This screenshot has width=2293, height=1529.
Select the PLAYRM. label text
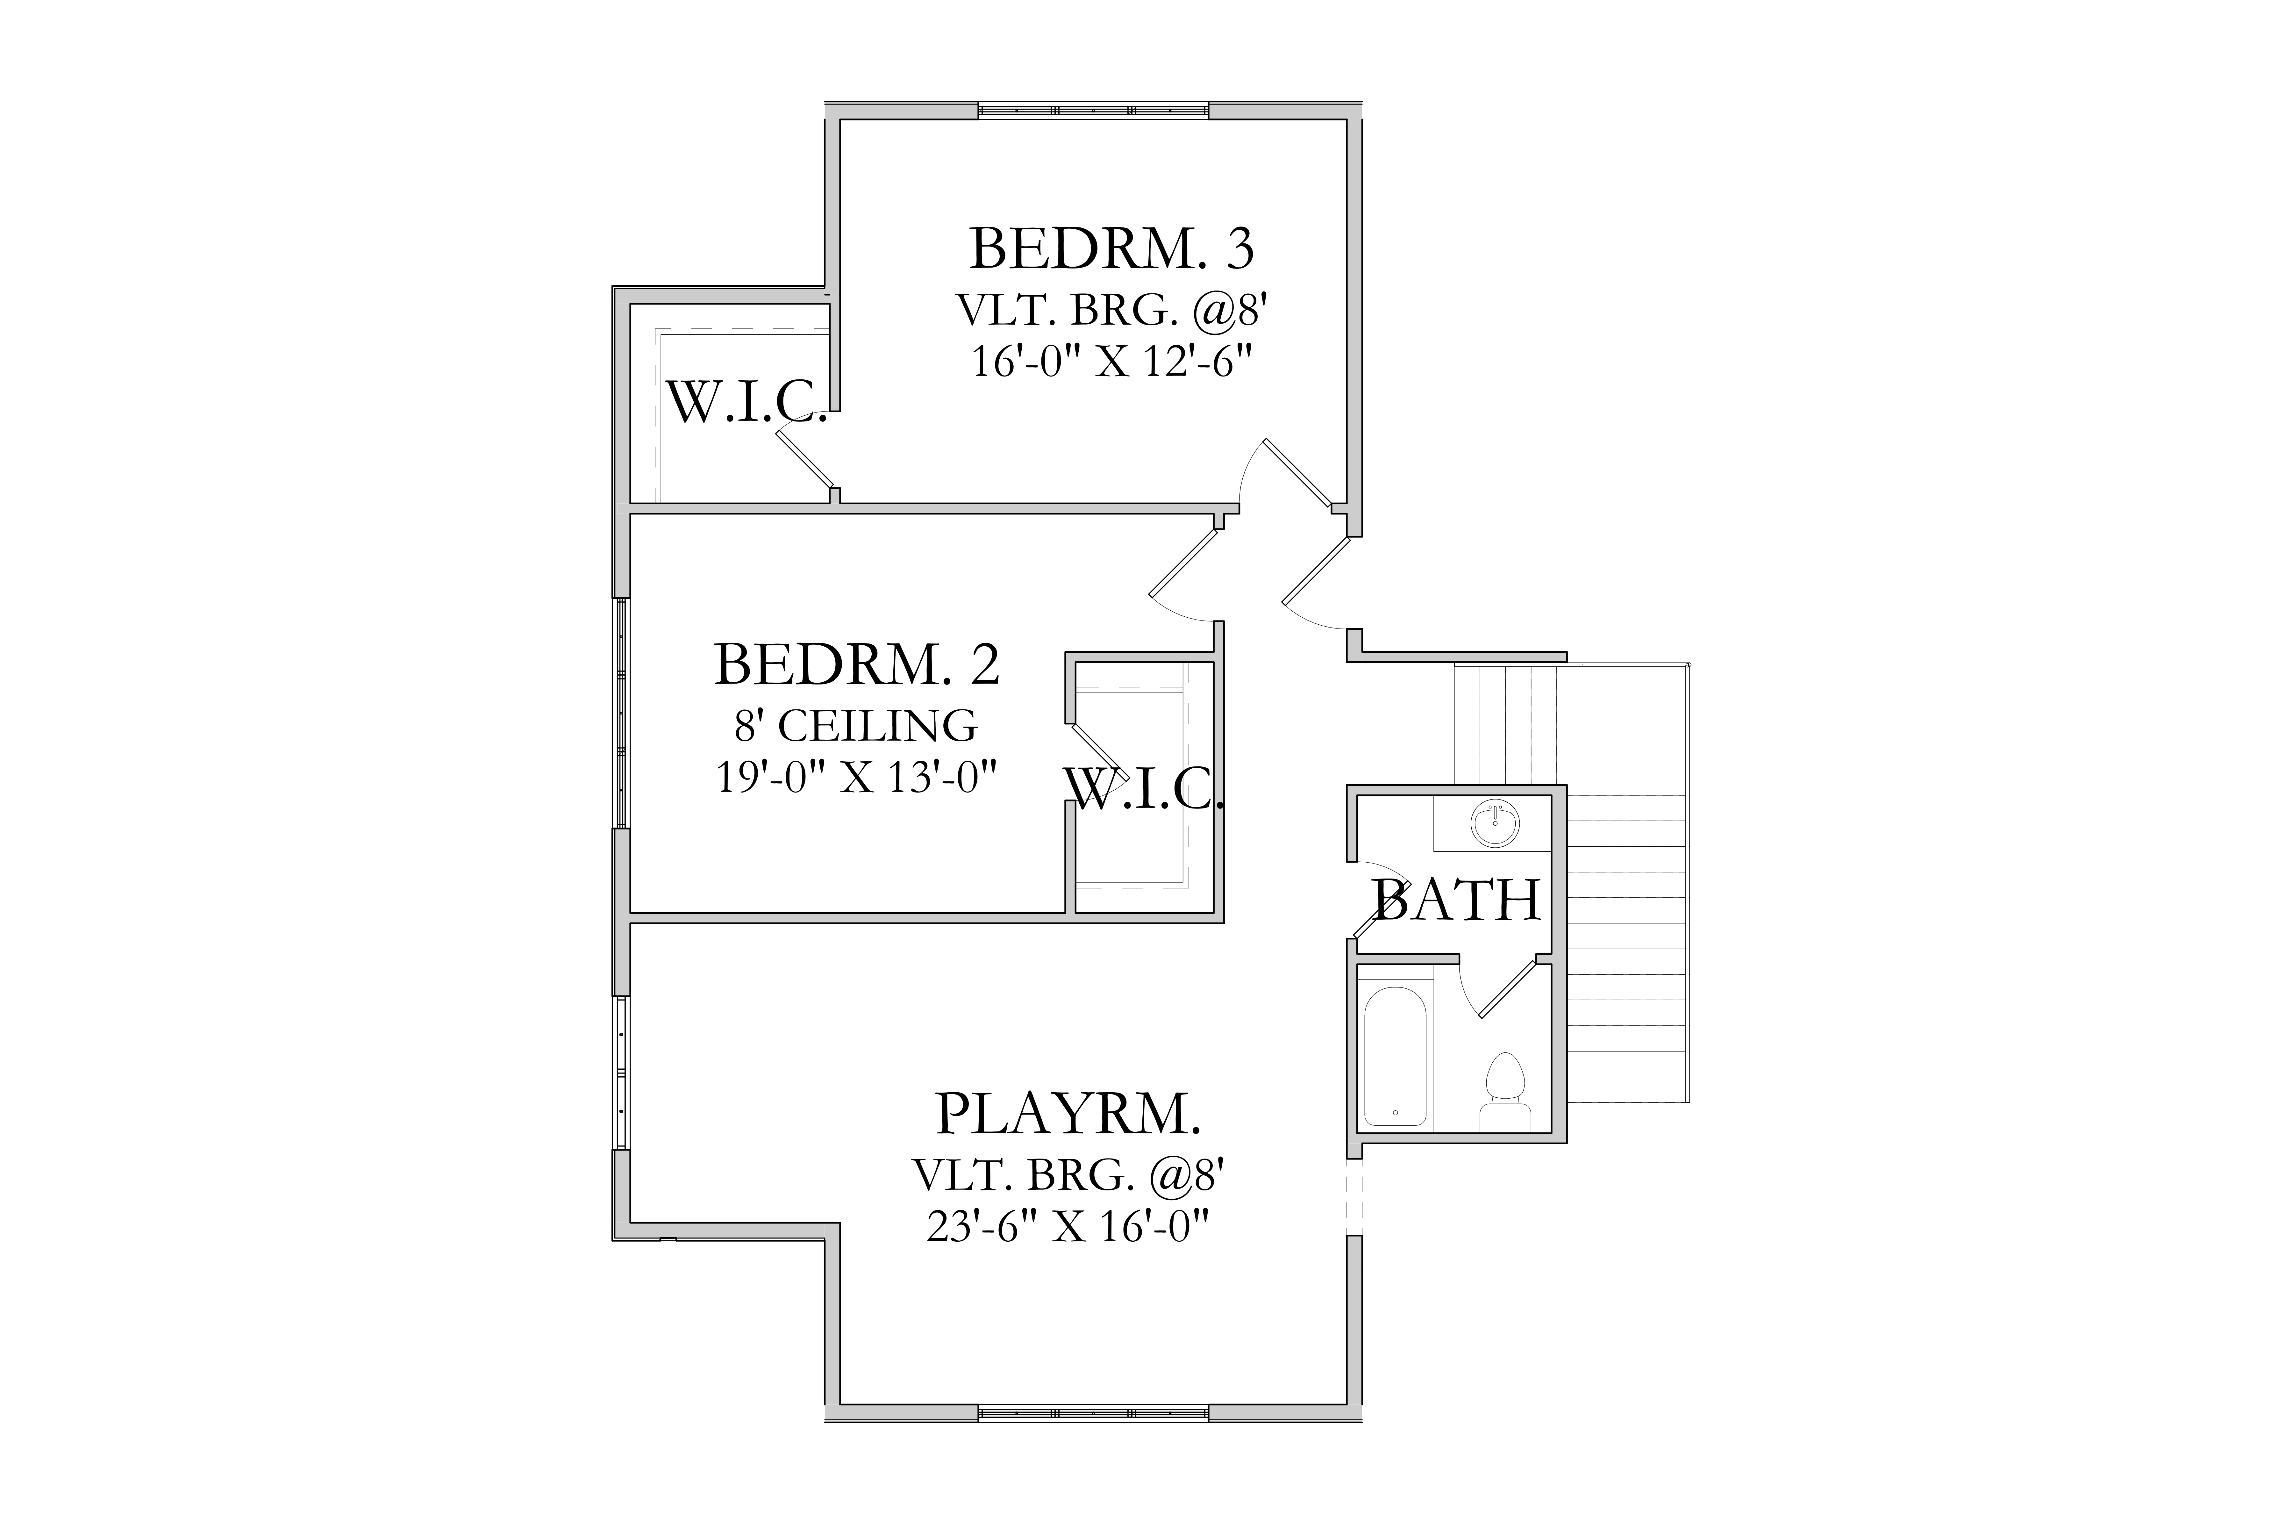pyautogui.click(x=1068, y=1114)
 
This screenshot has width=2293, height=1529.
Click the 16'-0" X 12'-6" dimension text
pyautogui.click(x=1111, y=363)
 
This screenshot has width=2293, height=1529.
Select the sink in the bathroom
pyautogui.click(x=1495, y=824)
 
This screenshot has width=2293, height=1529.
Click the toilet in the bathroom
pyautogui.click(x=1504, y=1092)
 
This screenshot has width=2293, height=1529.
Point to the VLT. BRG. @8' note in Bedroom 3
pyautogui.click(x=1111, y=311)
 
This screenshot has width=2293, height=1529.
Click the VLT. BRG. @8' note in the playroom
pyautogui.click(x=1068, y=1175)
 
